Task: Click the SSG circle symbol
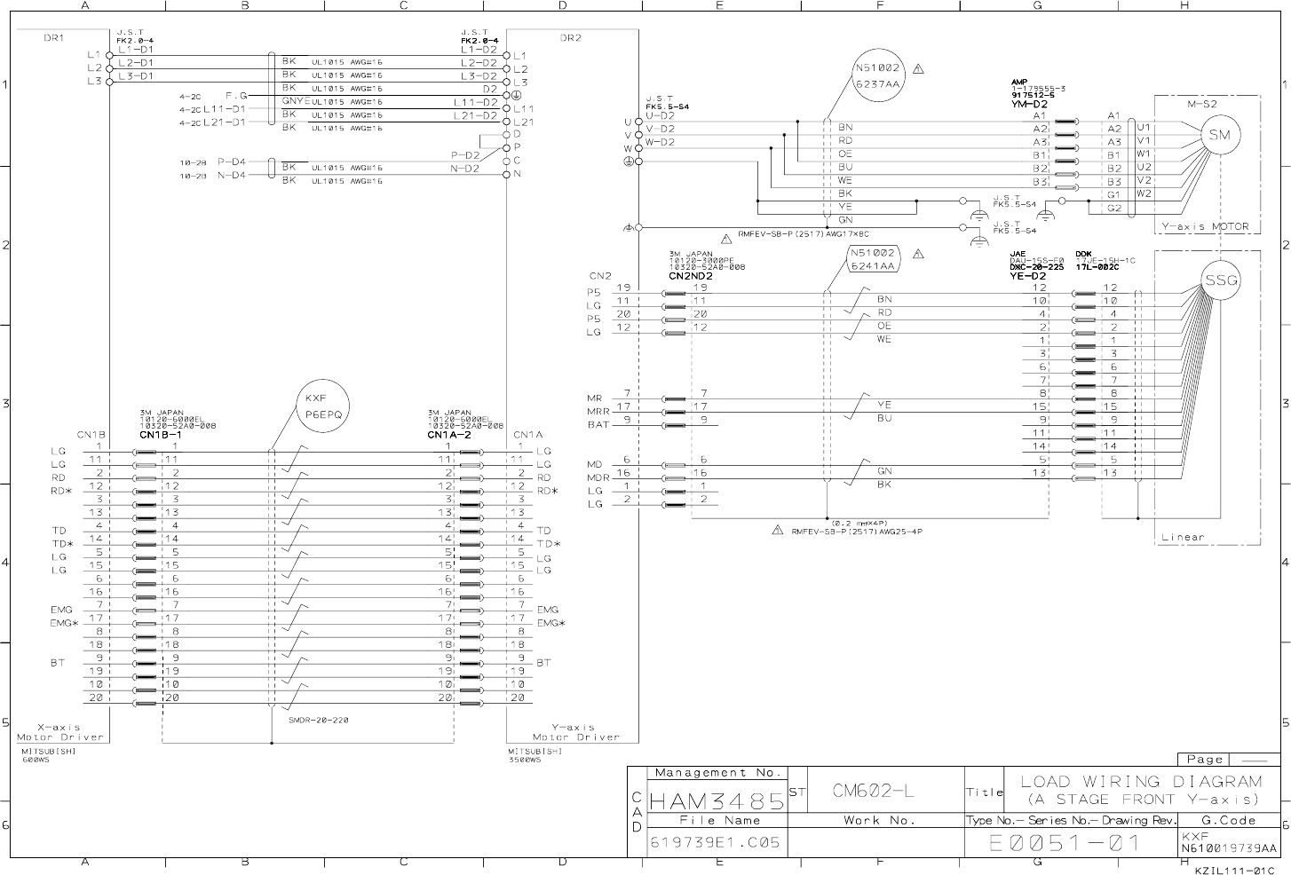[1221, 280]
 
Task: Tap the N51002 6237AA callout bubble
[877, 75]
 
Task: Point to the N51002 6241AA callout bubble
[872, 258]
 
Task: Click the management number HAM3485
[717, 801]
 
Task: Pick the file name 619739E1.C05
[716, 842]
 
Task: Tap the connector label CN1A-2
[448, 436]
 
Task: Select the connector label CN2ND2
[690, 275]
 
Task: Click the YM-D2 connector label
[1029, 104]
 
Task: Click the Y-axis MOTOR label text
[1206, 226]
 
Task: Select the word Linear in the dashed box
[1183, 537]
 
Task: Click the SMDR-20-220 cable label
[318, 720]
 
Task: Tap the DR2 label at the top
[570, 38]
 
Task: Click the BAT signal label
[598, 424]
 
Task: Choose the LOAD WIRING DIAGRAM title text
[1141, 782]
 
